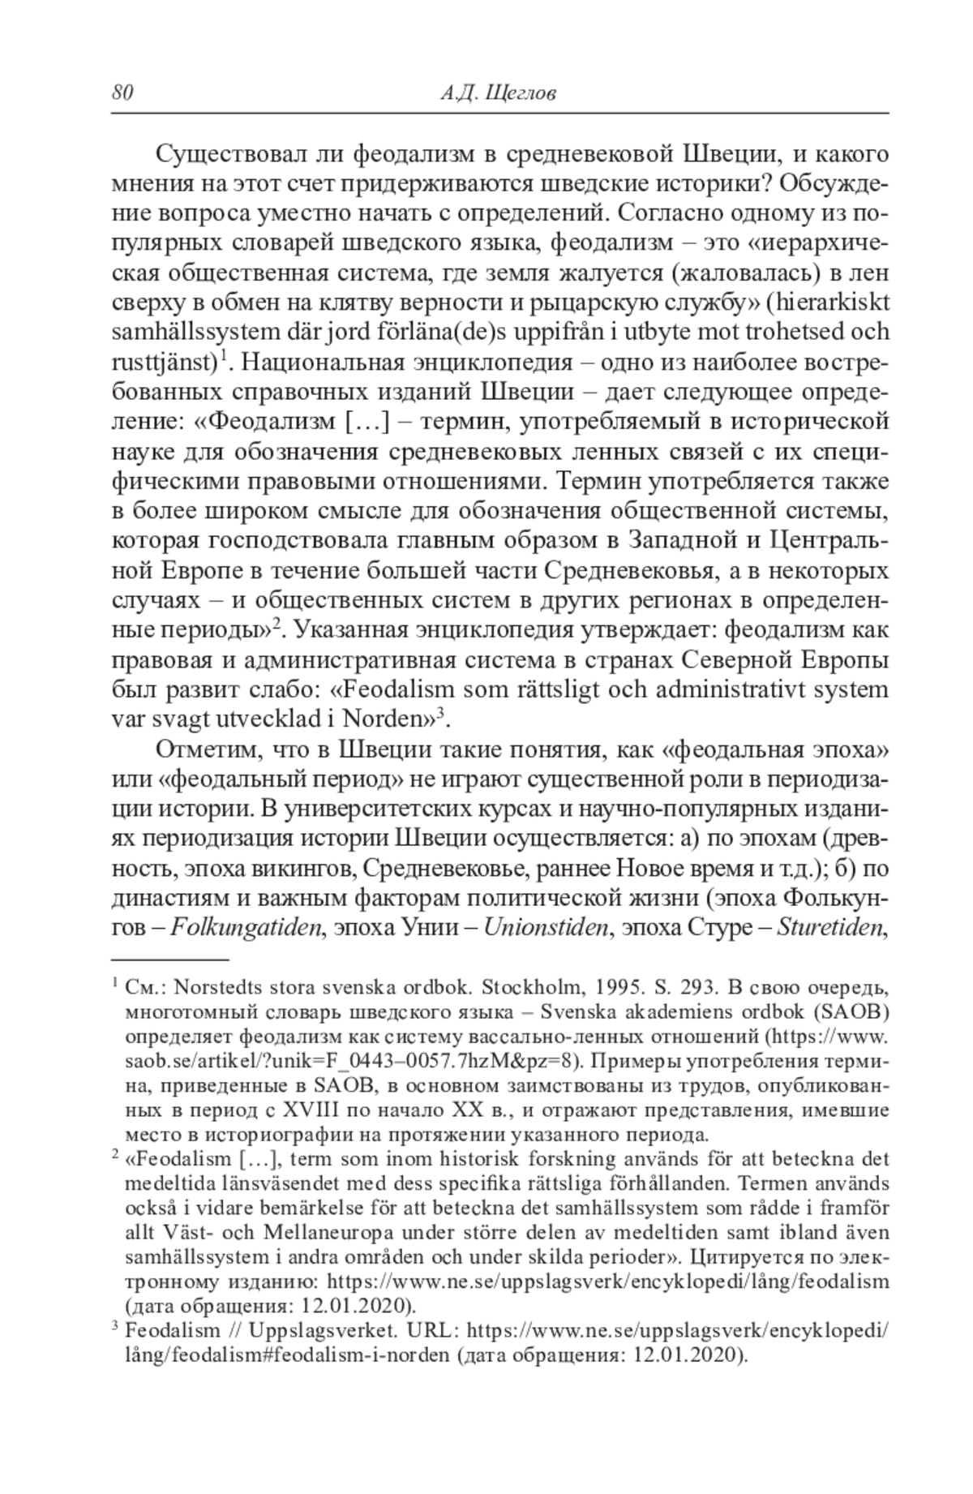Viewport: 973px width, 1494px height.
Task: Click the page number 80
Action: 122,93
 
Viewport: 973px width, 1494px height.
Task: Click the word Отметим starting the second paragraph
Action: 203,749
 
